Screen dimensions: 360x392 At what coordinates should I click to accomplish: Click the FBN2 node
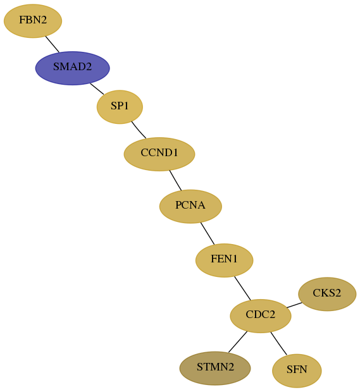click(33, 21)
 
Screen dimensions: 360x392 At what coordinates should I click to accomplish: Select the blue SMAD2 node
click(73, 68)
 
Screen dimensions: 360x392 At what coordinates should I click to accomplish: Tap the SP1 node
click(120, 107)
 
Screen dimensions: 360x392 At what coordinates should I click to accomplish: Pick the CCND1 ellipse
click(159, 154)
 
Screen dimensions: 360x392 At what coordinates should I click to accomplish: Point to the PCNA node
click(190, 206)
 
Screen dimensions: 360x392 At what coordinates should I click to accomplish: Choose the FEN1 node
click(225, 260)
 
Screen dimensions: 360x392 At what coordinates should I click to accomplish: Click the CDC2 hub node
click(261, 315)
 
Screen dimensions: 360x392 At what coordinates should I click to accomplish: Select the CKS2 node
click(327, 294)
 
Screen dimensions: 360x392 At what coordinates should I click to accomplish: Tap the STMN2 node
click(215, 368)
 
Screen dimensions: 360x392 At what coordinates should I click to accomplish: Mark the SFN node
click(297, 371)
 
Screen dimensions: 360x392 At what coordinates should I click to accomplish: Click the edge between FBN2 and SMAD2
click(53, 44)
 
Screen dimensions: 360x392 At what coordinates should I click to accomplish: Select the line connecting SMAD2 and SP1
click(97, 89)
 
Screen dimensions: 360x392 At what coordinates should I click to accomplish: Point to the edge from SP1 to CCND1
click(139, 130)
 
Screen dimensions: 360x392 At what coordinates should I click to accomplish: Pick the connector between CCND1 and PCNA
click(175, 180)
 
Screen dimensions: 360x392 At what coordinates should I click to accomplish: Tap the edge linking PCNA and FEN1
click(208, 233)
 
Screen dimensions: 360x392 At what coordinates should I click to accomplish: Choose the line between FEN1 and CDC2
click(242, 288)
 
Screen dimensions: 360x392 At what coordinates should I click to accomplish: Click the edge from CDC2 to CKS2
click(294, 305)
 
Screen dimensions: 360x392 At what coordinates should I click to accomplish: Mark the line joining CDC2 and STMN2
click(238, 342)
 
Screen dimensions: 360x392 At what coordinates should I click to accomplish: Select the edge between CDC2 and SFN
click(278, 343)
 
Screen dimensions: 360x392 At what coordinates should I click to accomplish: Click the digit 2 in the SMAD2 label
click(89, 67)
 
